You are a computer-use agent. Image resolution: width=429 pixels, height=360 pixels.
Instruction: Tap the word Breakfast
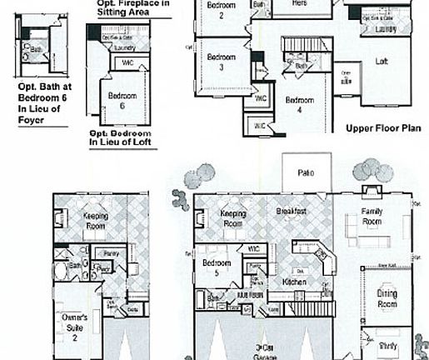coord(291,212)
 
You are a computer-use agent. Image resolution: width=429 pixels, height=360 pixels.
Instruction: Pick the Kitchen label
coord(294,282)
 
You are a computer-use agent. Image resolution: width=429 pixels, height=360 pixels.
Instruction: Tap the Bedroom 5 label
coord(217,267)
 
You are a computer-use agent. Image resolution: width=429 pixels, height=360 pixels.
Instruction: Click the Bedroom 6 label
coord(117,101)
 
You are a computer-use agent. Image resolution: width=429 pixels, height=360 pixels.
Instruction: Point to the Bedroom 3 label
coord(222,62)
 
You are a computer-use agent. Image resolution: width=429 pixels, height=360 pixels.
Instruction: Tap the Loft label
coord(382,62)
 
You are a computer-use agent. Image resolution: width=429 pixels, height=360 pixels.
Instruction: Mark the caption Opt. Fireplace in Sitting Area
coord(129,8)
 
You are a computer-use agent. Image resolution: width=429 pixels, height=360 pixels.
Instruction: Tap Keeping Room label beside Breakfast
coord(232,219)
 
